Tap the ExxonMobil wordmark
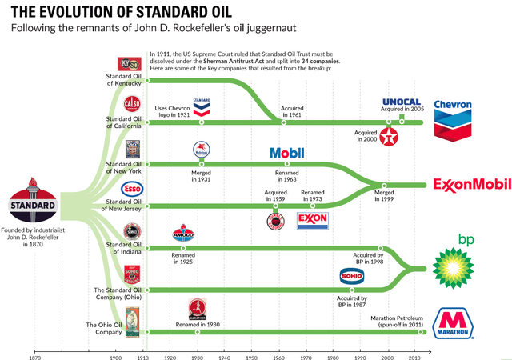[x=471, y=186]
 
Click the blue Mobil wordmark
[x=287, y=153]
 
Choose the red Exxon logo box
[x=312, y=220]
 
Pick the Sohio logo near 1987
[x=352, y=278]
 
